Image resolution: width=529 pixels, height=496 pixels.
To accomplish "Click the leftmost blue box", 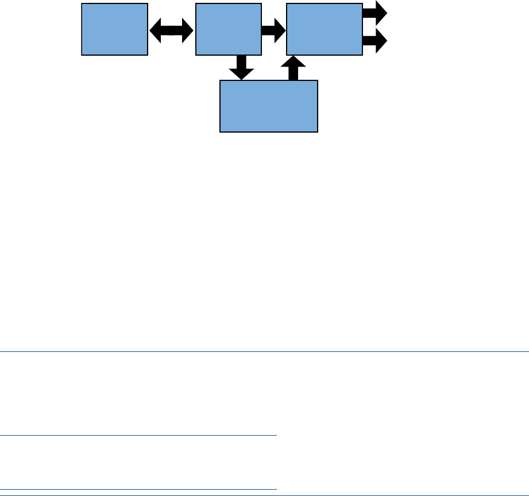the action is click(x=114, y=29).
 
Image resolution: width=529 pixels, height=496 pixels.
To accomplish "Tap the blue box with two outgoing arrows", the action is click(x=324, y=29).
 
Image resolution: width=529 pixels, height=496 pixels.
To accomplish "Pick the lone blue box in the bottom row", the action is click(x=269, y=106).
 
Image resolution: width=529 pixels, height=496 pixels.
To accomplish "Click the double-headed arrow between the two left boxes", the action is click(x=171, y=29).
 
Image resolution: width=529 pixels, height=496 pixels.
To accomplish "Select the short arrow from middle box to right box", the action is click(x=273, y=29).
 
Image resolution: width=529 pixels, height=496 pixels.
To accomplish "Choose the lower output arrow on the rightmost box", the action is click(x=376, y=42).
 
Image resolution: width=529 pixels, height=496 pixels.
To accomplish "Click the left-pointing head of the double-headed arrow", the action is click(x=153, y=29).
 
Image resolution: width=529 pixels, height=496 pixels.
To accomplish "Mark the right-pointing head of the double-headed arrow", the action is click(x=189, y=29).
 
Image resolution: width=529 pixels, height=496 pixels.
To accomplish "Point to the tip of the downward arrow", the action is click(x=241, y=79).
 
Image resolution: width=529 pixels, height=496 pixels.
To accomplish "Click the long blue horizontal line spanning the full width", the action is click(x=264, y=351).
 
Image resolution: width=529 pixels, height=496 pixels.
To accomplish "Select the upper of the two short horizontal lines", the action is click(x=138, y=436).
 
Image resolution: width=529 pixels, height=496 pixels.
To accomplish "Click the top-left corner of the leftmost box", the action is click(x=82, y=3).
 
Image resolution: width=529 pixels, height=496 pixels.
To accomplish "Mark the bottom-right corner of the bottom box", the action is click(x=318, y=133).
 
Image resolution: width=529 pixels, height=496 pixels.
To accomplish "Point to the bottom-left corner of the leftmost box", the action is click(x=82, y=55).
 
